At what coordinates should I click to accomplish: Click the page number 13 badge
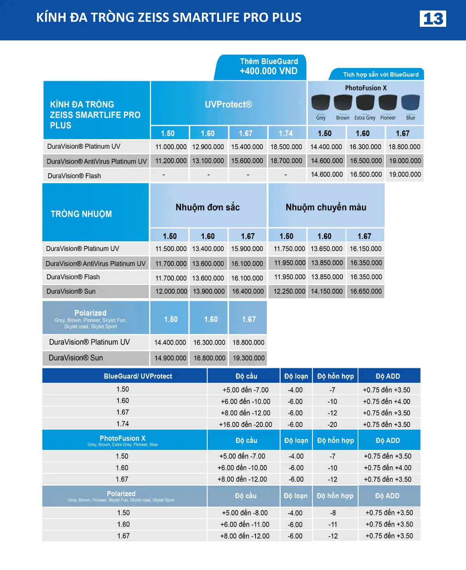(433, 19)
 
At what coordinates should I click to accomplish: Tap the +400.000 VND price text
(268, 71)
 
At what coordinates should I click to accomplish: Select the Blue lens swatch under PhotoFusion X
(410, 103)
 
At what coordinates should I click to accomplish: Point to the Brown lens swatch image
(343, 103)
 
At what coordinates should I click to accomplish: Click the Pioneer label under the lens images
(388, 118)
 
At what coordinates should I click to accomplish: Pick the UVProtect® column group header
(228, 104)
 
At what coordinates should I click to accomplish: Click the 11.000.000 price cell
(171, 147)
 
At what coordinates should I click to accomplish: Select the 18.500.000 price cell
(286, 147)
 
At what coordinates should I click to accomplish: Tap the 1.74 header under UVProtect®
(286, 133)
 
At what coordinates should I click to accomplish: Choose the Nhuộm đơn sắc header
(208, 207)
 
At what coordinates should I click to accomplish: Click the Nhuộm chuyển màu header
(326, 207)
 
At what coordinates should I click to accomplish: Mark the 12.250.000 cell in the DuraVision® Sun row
(289, 291)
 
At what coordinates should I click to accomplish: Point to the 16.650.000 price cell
(366, 291)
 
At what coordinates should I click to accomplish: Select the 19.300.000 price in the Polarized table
(249, 358)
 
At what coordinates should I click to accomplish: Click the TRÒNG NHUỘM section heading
(81, 214)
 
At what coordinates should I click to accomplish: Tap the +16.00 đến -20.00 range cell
(245, 425)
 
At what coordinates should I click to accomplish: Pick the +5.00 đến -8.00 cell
(245, 513)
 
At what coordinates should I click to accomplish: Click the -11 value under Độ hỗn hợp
(333, 525)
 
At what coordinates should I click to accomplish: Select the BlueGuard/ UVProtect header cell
(138, 376)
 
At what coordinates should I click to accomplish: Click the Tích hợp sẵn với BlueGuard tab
(381, 75)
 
